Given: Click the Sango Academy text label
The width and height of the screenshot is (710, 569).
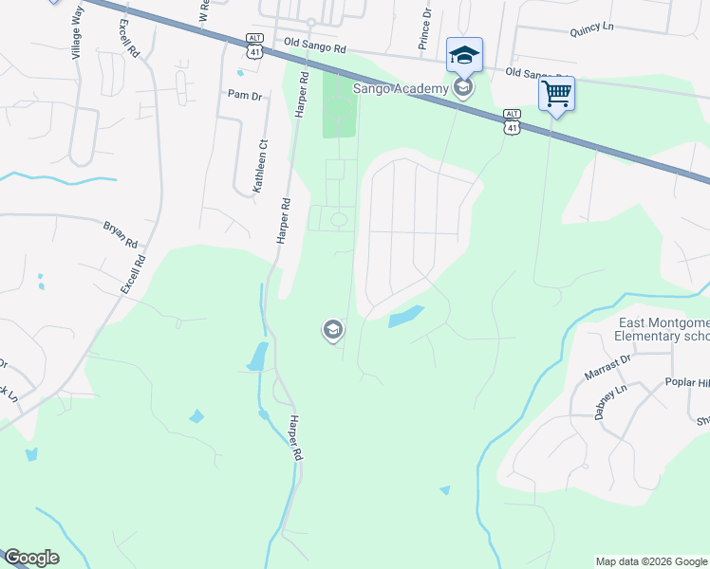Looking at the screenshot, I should [400, 88].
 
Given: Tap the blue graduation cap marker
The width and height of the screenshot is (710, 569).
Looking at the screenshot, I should [464, 55].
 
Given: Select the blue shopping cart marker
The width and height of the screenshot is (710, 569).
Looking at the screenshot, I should [557, 94].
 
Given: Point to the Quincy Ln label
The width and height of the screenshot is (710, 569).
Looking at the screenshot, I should [593, 29].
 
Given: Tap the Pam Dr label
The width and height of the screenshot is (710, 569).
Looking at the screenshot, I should [243, 94].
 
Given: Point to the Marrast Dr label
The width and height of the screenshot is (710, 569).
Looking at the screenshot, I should [607, 367].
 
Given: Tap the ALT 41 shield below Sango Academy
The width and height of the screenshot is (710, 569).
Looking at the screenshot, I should [513, 120].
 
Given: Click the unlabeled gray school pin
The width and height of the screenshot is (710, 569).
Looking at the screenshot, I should [332, 330].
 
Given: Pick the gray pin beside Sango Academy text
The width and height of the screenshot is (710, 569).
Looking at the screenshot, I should [463, 88].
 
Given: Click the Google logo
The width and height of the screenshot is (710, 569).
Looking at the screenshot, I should [31, 558].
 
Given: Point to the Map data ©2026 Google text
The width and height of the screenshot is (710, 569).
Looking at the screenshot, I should [651, 561].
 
